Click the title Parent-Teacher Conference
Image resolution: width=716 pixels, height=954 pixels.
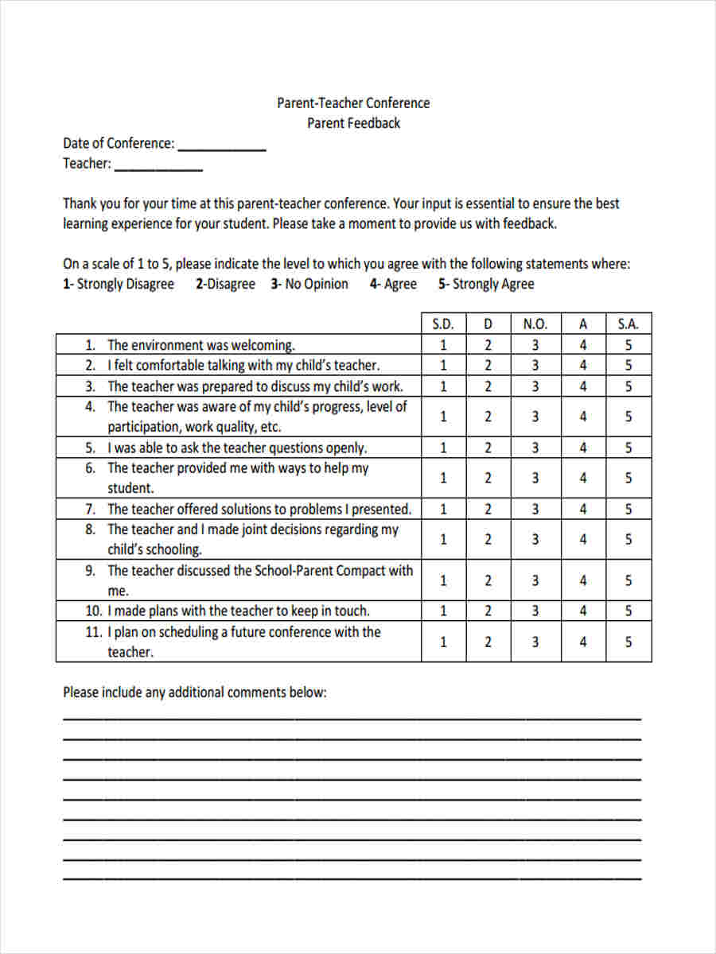click(x=353, y=103)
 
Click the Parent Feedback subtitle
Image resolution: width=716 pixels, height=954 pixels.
click(x=353, y=123)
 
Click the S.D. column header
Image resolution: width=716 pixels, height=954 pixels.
click(x=443, y=324)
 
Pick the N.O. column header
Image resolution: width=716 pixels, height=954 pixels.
click(x=535, y=324)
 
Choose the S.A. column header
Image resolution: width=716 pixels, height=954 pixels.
click(x=628, y=324)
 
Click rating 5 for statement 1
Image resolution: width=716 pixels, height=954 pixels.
click(x=628, y=345)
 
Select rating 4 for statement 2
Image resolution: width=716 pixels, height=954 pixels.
click(x=583, y=366)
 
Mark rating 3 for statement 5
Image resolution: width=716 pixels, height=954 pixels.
click(x=535, y=448)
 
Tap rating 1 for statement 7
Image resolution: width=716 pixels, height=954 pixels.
click(x=443, y=510)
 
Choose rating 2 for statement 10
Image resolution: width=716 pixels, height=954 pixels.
click(x=488, y=611)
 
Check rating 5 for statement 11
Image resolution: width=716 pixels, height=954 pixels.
click(x=628, y=642)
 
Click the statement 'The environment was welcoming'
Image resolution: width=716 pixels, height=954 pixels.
click(x=201, y=345)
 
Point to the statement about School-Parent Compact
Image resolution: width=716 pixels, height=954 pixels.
click(x=260, y=571)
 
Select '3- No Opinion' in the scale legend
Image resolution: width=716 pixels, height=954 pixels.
click(x=309, y=285)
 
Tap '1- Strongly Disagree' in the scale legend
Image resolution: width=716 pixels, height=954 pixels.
click(x=119, y=285)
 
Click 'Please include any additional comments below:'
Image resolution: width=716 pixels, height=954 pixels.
click(x=195, y=692)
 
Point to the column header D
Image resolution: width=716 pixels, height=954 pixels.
click(x=488, y=324)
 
